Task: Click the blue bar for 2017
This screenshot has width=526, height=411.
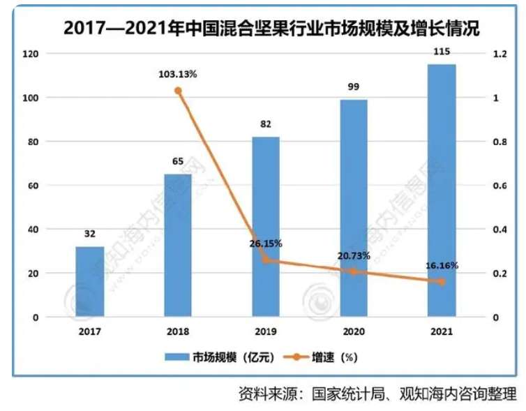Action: tap(90, 281)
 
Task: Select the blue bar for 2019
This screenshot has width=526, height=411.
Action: tap(265, 227)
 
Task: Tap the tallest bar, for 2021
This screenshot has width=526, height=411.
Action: tap(441, 190)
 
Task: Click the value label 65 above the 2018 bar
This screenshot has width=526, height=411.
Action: tap(178, 161)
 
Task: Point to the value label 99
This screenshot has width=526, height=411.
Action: tap(353, 87)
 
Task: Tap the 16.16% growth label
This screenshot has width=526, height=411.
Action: tap(441, 266)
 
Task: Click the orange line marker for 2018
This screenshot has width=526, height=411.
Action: tap(178, 91)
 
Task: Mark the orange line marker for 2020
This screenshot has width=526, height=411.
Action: tap(353, 271)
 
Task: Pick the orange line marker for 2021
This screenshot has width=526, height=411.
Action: tap(441, 281)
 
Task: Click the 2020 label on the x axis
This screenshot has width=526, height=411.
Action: tap(353, 332)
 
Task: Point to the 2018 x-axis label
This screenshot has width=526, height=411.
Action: tap(178, 332)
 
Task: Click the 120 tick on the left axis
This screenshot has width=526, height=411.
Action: tap(32, 54)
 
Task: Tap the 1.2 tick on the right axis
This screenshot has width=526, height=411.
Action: tap(498, 54)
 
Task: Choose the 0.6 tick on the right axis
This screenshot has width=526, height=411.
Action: tap(498, 186)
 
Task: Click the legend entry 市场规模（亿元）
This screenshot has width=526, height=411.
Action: tap(220, 357)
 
